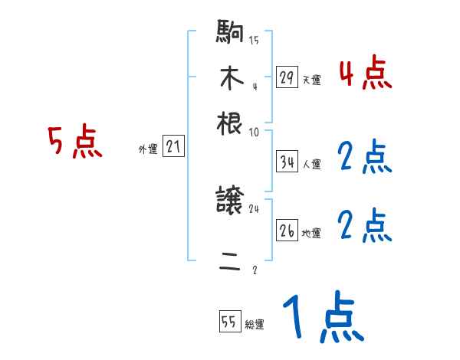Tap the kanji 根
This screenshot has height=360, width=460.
tap(230, 123)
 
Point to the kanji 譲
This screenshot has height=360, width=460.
tap(230, 202)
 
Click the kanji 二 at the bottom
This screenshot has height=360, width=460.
tap(230, 263)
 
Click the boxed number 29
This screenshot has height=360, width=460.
tap(287, 78)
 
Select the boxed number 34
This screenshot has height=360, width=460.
tap(287, 162)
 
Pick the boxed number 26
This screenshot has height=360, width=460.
tap(287, 231)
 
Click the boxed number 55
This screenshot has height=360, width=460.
tap(229, 322)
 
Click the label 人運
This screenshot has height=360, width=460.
tap(311, 163)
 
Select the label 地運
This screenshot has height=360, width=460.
tap(311, 233)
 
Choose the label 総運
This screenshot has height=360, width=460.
tap(255, 325)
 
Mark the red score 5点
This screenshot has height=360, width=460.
tap(75, 143)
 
